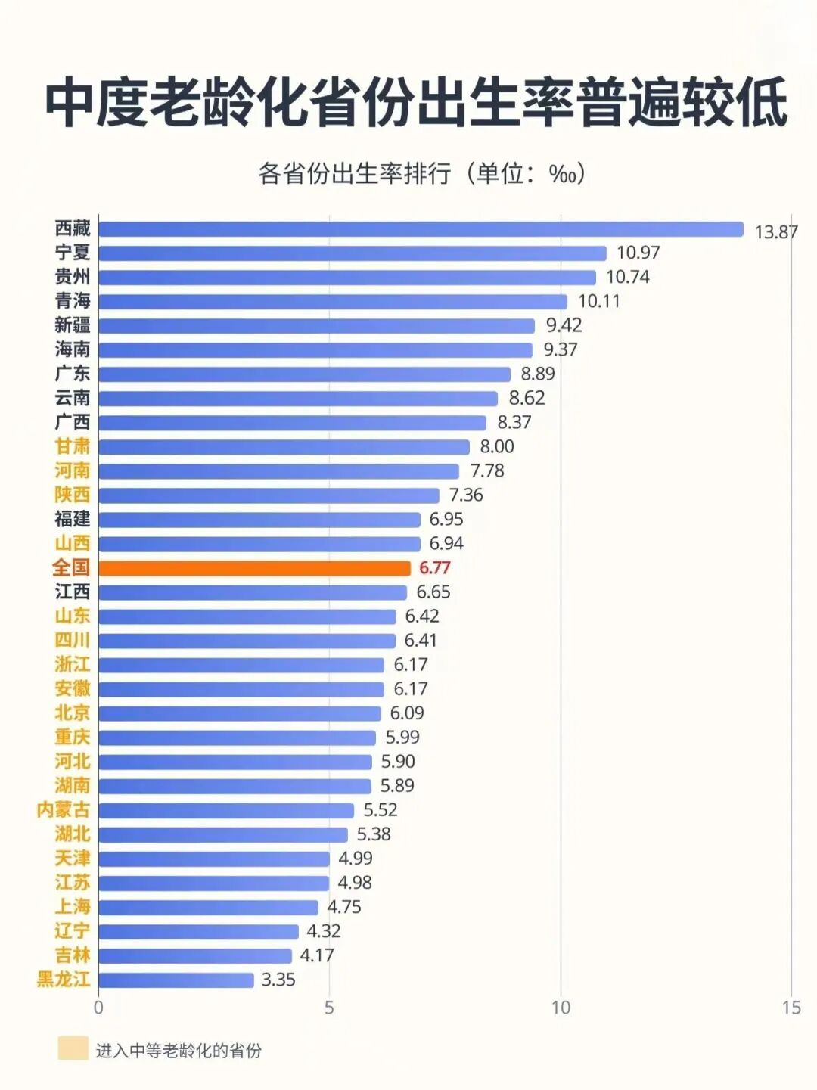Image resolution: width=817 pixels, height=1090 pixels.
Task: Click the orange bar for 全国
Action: [254, 568]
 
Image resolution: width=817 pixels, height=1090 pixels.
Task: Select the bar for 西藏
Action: [421, 229]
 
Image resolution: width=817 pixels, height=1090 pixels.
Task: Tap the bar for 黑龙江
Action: [176, 980]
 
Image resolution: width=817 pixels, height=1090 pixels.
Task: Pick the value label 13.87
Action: [776, 231]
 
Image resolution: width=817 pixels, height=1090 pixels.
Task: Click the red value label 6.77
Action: [434, 568]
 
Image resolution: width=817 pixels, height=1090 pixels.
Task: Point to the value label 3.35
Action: [278, 980]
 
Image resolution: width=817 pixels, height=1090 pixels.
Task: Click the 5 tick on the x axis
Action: [329, 1008]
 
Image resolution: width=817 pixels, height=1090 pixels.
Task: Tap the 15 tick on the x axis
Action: [791, 1008]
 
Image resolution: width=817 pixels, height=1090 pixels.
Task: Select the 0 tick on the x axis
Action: [98, 1008]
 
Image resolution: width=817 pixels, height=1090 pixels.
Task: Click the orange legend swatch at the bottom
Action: [73, 1049]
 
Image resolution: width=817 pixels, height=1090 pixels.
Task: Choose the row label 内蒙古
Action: [64, 810]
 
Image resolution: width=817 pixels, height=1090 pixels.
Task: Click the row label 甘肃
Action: [73, 446]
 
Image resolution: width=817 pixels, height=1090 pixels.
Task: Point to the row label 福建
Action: [73, 519]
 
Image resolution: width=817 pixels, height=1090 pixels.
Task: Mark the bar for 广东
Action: [304, 374]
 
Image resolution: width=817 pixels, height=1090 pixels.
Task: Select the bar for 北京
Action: [239, 713]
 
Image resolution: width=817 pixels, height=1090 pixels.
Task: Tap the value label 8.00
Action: [497, 446]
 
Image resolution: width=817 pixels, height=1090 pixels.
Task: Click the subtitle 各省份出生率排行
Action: [356, 174]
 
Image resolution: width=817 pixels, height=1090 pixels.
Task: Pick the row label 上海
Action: [73, 907]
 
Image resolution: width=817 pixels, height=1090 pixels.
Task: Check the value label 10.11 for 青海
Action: [599, 301]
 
